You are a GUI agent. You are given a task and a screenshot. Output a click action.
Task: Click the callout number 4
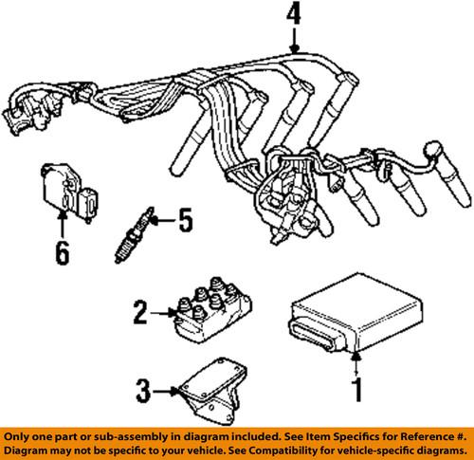click(x=295, y=15)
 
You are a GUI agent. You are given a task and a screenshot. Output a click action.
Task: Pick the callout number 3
click(x=142, y=388)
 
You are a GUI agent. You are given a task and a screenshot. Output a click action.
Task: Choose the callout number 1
click(x=356, y=389)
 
